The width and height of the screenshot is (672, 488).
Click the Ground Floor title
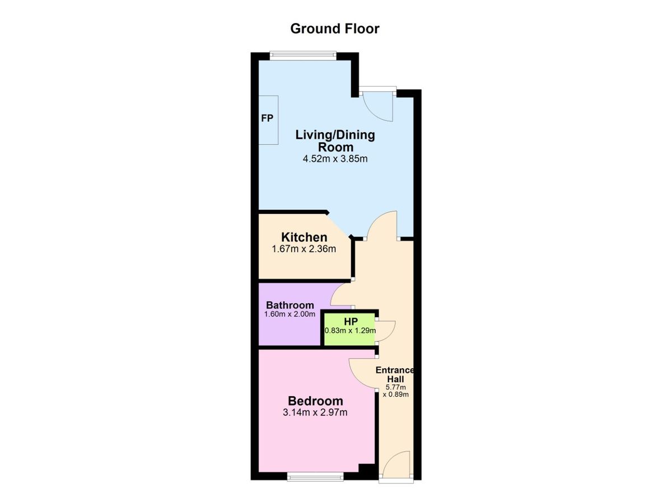335,29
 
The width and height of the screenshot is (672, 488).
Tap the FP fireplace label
267,119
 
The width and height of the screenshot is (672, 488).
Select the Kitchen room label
304,237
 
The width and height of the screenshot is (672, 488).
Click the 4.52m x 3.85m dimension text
335,158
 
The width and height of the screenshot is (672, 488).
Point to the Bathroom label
290,305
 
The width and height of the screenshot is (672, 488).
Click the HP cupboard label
351,322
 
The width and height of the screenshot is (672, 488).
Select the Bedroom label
315,401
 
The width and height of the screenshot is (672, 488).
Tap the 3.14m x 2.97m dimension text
315,412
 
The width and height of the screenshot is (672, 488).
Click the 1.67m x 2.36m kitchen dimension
304,249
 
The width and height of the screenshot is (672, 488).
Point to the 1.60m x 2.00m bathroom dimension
290,314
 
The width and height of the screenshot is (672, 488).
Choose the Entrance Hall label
395,374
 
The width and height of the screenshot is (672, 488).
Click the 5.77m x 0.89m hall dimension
396,391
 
